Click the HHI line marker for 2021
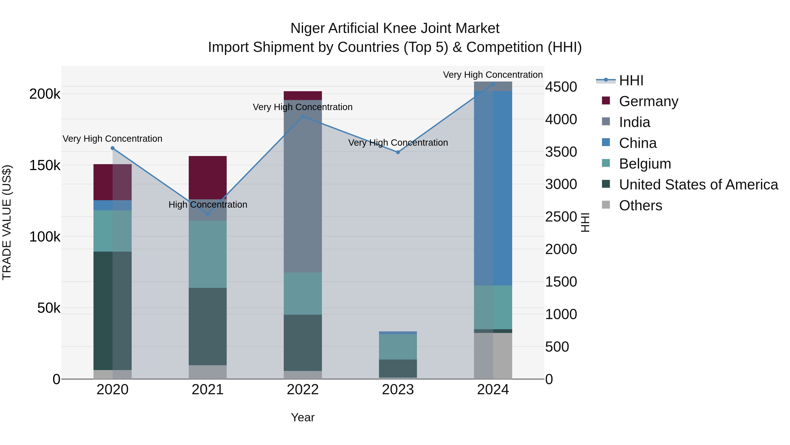(208, 214)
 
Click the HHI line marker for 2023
(398, 152)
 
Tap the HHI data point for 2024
(493, 84)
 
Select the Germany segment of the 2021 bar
(208, 178)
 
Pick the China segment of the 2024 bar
(493, 188)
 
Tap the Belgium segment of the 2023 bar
(398, 347)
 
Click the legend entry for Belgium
(645, 164)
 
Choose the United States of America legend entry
(698, 185)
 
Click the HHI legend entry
(631, 80)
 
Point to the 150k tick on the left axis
(45, 165)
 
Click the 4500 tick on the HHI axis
(561, 87)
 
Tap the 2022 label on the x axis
(303, 390)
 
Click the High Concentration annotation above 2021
(208, 205)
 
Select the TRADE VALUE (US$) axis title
(7, 222)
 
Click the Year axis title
(303, 417)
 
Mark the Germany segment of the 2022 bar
(303, 96)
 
